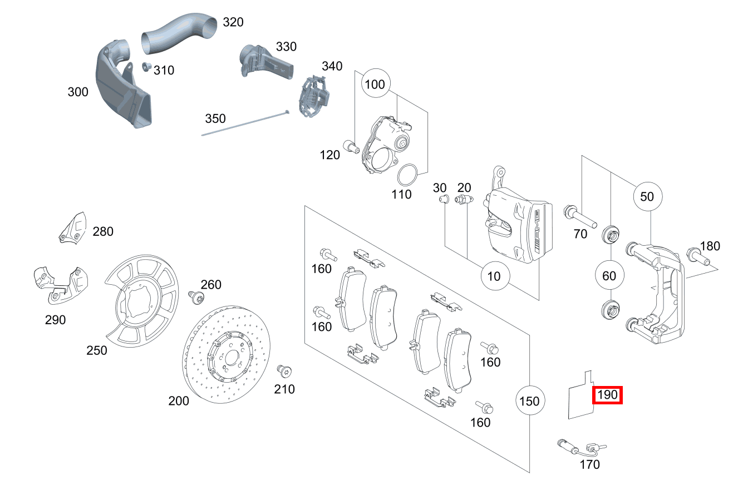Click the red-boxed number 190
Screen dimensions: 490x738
[607, 395]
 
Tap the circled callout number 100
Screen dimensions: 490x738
[376, 85]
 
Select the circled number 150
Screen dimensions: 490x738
[529, 400]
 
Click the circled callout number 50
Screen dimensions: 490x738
[647, 196]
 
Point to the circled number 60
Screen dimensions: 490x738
[609, 275]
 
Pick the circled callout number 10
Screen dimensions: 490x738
[494, 275]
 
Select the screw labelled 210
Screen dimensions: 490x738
[284, 371]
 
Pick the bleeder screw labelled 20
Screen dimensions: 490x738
[464, 200]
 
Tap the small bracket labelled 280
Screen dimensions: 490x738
[73, 228]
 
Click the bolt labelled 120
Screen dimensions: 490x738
[350, 146]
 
